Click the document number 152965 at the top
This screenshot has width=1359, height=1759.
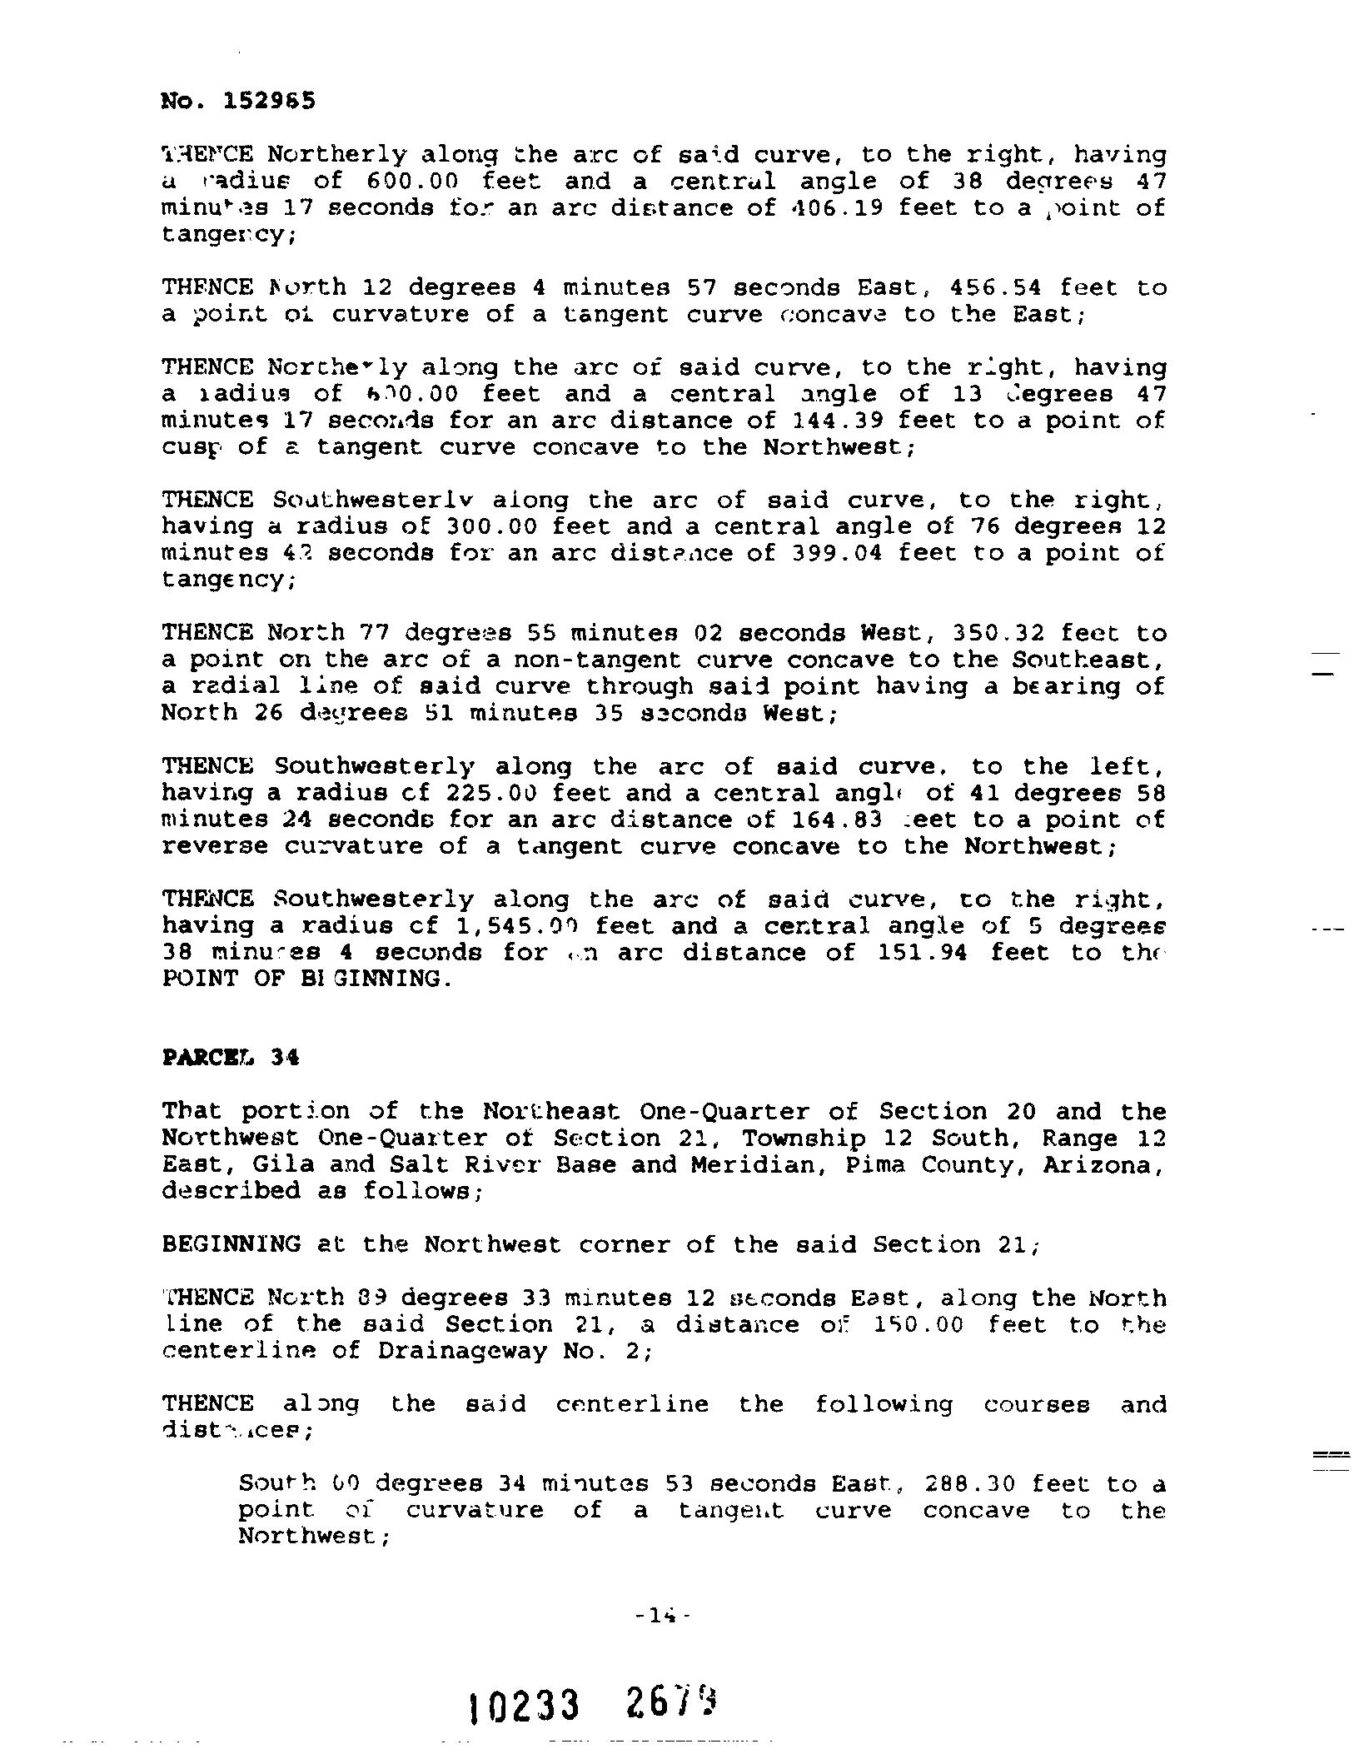point(269,102)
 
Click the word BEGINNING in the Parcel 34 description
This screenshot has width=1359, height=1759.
point(231,1245)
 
